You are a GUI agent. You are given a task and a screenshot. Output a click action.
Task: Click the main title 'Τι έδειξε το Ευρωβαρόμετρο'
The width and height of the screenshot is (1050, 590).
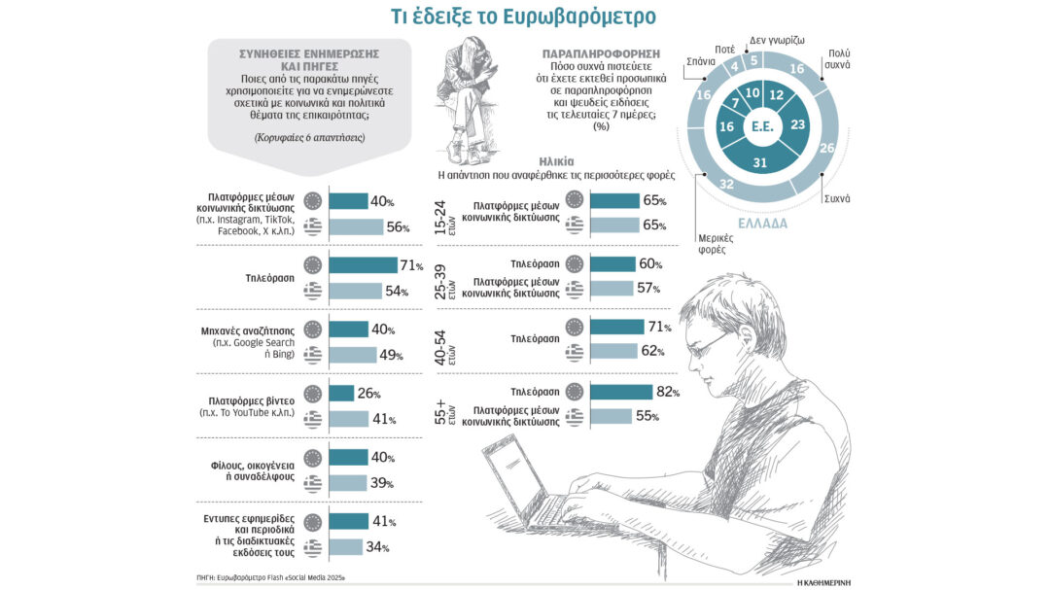pyautogui.click(x=524, y=17)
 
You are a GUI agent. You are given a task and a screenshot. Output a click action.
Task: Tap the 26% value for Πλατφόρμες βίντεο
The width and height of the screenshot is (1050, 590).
pyautogui.click(x=371, y=394)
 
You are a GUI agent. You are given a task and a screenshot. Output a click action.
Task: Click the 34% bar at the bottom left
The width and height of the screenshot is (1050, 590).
pyautogui.click(x=346, y=547)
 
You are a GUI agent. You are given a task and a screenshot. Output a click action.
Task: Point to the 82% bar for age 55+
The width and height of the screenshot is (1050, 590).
pyautogui.click(x=621, y=393)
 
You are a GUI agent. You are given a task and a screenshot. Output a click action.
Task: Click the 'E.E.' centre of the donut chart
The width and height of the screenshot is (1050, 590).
pyautogui.click(x=762, y=127)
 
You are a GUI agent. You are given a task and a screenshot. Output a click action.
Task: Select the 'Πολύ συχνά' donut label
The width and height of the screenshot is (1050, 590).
pyautogui.click(x=839, y=58)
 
